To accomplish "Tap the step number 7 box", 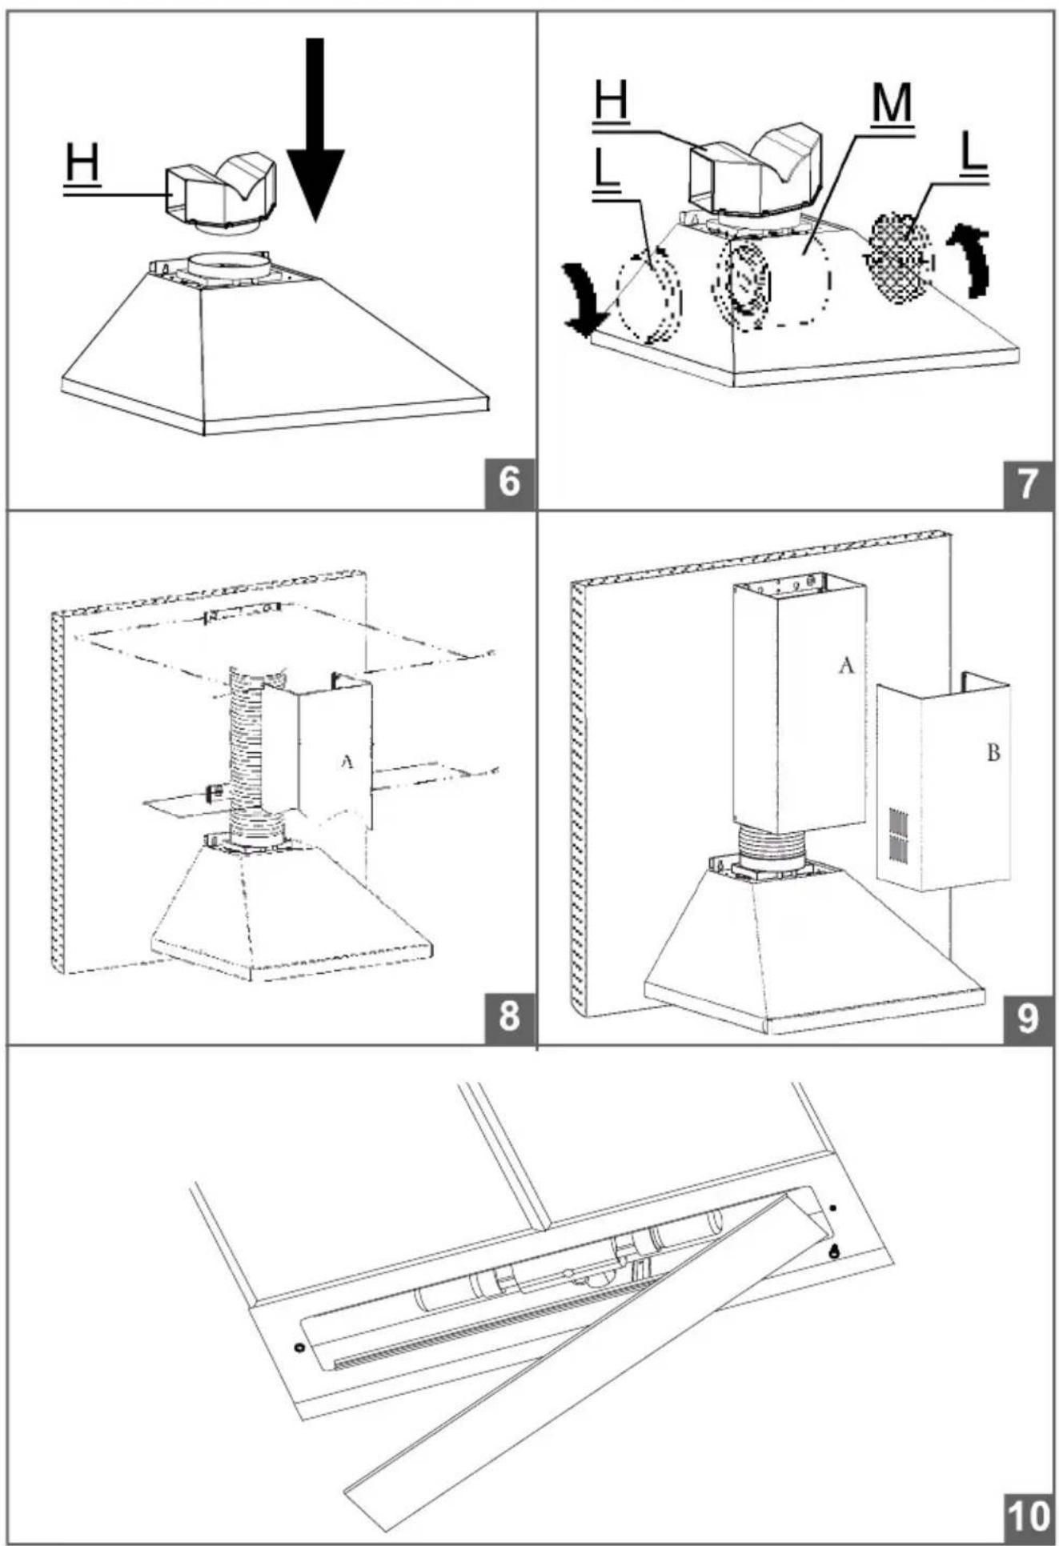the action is pyautogui.click(x=1029, y=483).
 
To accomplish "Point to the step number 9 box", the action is pyautogui.click(x=1029, y=1017).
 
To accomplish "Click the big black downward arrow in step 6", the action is pyautogui.click(x=315, y=128).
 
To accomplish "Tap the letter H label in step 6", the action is pyautogui.click(x=82, y=165).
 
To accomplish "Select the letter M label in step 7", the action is pyautogui.click(x=891, y=106).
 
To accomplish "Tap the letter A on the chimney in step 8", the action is pyautogui.click(x=347, y=761).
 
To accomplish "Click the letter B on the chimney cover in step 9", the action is pyautogui.click(x=993, y=753).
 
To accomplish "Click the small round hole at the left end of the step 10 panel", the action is pyautogui.click(x=299, y=1347).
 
